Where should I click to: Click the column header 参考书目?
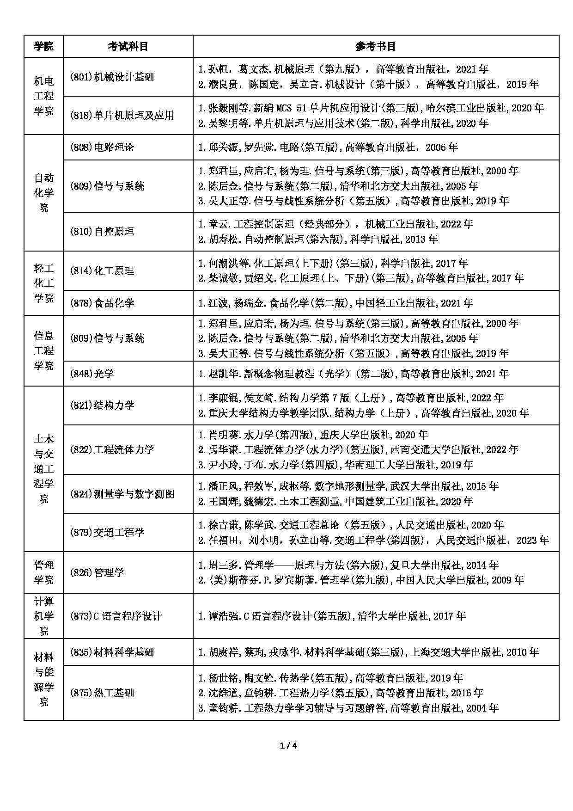point(376,46)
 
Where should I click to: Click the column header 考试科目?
point(128,46)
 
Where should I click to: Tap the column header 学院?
point(43,46)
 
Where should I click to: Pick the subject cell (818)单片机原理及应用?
point(122,116)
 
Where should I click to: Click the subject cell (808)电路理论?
point(102,147)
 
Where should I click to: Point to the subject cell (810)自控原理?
point(102,232)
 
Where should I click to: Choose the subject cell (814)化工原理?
point(102,270)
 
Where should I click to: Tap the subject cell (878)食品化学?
point(102,303)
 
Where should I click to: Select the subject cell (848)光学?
point(92,374)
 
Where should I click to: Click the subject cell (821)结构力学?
point(102,405)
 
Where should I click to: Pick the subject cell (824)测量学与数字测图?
point(122,494)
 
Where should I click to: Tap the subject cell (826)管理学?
point(97,572)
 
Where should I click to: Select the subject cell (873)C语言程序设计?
point(116,616)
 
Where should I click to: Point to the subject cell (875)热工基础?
point(102,693)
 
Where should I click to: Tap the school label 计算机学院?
point(43,616)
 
